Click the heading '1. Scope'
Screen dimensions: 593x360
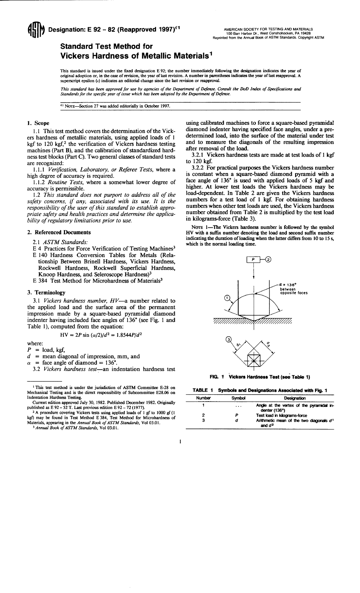[x=38, y=123]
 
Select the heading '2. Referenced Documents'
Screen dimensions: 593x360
[x=59, y=232]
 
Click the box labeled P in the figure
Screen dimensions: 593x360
[x=253, y=260]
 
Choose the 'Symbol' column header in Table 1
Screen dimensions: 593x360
[x=238, y=398]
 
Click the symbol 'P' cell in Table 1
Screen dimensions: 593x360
[x=237, y=415]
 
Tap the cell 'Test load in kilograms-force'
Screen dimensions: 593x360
[x=281, y=415]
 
